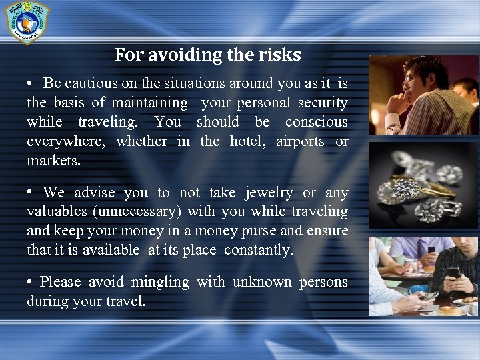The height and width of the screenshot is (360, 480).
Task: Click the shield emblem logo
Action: (x=27, y=22)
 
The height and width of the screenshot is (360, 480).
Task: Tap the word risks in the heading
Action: (x=277, y=55)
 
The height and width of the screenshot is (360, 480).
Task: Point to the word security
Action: (x=313, y=103)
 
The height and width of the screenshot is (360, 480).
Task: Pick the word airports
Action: (x=300, y=141)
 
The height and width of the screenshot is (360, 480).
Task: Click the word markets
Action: (x=53, y=161)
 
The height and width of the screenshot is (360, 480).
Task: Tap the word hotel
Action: (x=246, y=141)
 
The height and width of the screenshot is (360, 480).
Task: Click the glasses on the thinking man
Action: (x=411, y=77)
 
